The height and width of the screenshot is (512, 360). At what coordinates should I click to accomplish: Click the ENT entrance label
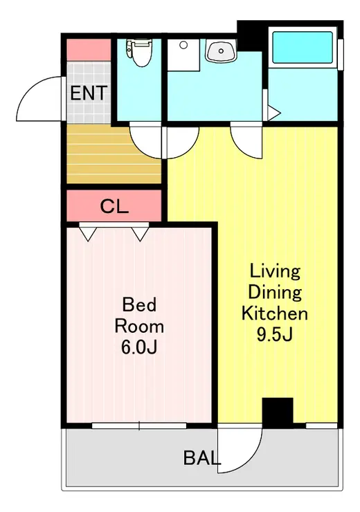tap(89, 93)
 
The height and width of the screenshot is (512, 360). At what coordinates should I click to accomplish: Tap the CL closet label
tap(114, 206)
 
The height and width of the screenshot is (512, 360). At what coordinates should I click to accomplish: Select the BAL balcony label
tap(202, 457)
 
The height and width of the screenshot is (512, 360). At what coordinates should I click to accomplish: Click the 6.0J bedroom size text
tap(139, 347)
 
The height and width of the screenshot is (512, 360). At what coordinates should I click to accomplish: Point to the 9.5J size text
tap(274, 333)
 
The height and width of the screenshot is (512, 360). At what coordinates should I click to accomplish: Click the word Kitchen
tap(275, 313)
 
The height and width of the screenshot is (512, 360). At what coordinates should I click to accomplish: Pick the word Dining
tap(275, 292)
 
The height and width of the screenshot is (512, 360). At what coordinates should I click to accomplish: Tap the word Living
tap(275, 271)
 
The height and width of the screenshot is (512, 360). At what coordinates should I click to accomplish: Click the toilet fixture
tap(139, 53)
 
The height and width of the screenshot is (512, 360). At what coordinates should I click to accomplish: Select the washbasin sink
tap(221, 51)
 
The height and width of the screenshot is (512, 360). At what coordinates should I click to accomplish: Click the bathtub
tap(303, 47)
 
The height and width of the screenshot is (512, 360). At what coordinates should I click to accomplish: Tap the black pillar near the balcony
tap(278, 412)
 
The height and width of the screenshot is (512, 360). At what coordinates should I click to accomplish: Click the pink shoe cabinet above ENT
tap(89, 50)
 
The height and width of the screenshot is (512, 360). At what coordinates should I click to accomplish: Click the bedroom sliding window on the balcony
tap(139, 426)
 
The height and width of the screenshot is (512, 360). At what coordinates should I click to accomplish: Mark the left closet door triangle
tap(88, 233)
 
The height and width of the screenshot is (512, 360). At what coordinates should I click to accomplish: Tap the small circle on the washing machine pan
tap(183, 45)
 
